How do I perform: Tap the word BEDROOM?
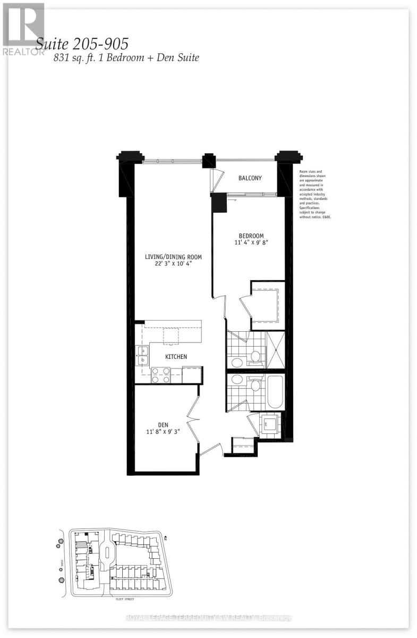(x=251, y=236)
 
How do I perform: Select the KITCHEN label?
(x=176, y=357)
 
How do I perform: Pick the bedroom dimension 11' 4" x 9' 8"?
(x=251, y=244)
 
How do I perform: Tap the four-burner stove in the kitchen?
(x=160, y=376)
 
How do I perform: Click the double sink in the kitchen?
(x=142, y=356)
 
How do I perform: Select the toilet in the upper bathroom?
(x=256, y=356)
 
